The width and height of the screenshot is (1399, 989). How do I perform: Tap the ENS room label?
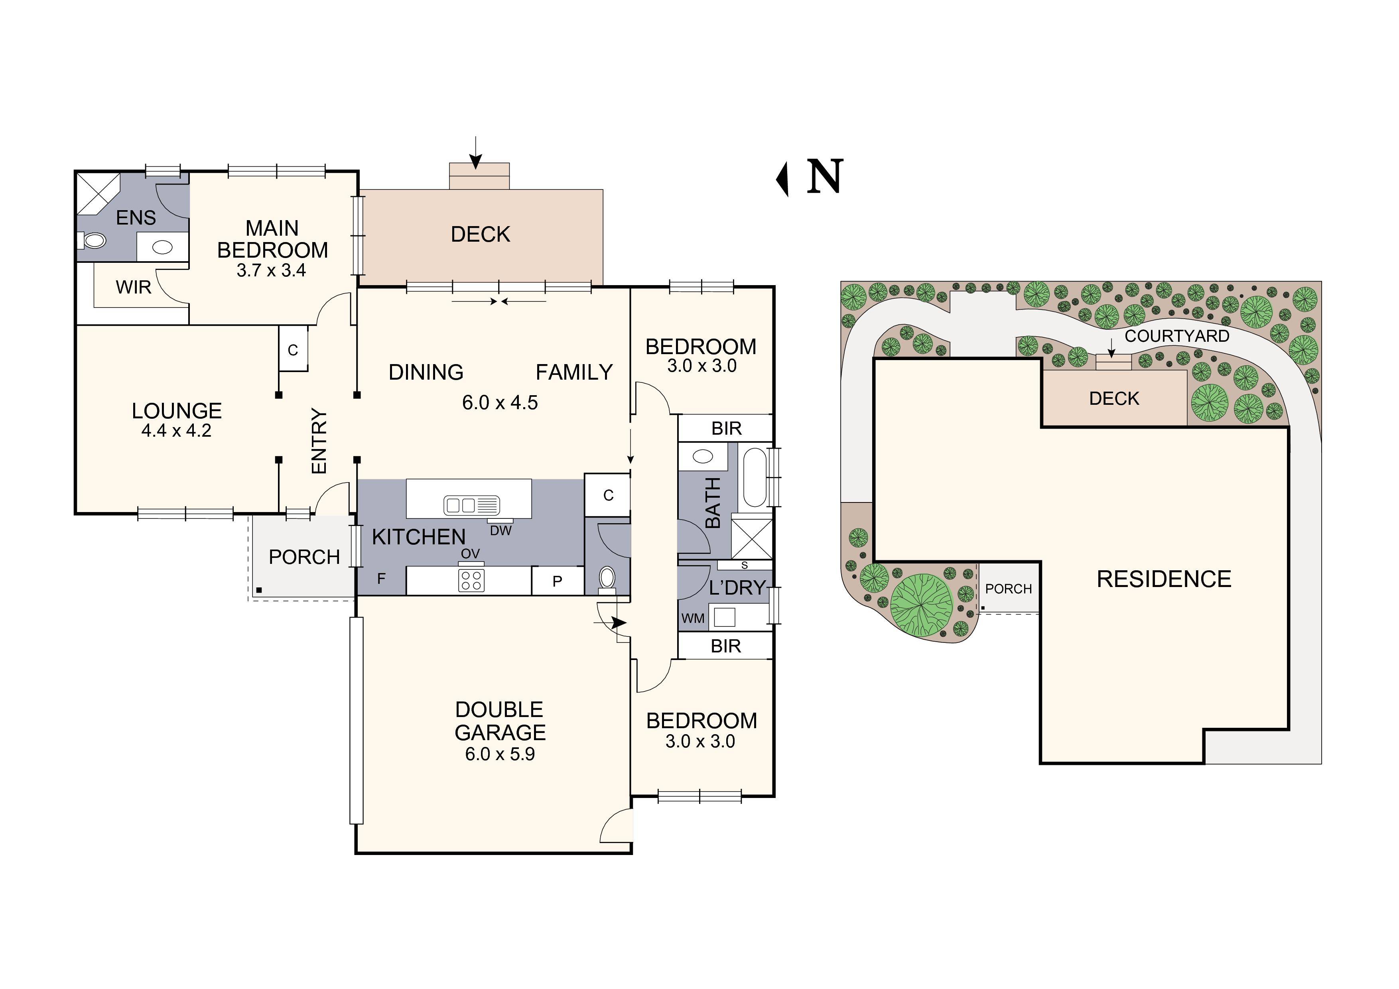pyautogui.click(x=136, y=218)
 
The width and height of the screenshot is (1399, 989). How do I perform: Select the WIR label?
pyautogui.click(x=134, y=287)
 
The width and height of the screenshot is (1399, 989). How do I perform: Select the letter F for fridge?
pyautogui.click(x=381, y=578)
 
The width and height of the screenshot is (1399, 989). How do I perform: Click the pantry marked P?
pyautogui.click(x=557, y=581)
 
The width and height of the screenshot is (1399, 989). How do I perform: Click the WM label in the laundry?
pyautogui.click(x=693, y=619)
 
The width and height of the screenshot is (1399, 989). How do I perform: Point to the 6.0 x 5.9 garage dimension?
pyautogui.click(x=500, y=755)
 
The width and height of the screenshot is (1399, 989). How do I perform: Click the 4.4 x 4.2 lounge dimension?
pyautogui.click(x=176, y=431)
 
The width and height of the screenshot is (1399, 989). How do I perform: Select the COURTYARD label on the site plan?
pyautogui.click(x=1176, y=336)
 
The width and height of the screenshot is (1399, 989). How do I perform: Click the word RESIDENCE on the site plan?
pyautogui.click(x=1164, y=579)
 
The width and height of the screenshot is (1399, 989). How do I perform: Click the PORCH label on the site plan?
pyautogui.click(x=1009, y=589)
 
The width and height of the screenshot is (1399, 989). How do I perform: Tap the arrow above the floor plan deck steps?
pyautogui.click(x=475, y=152)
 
